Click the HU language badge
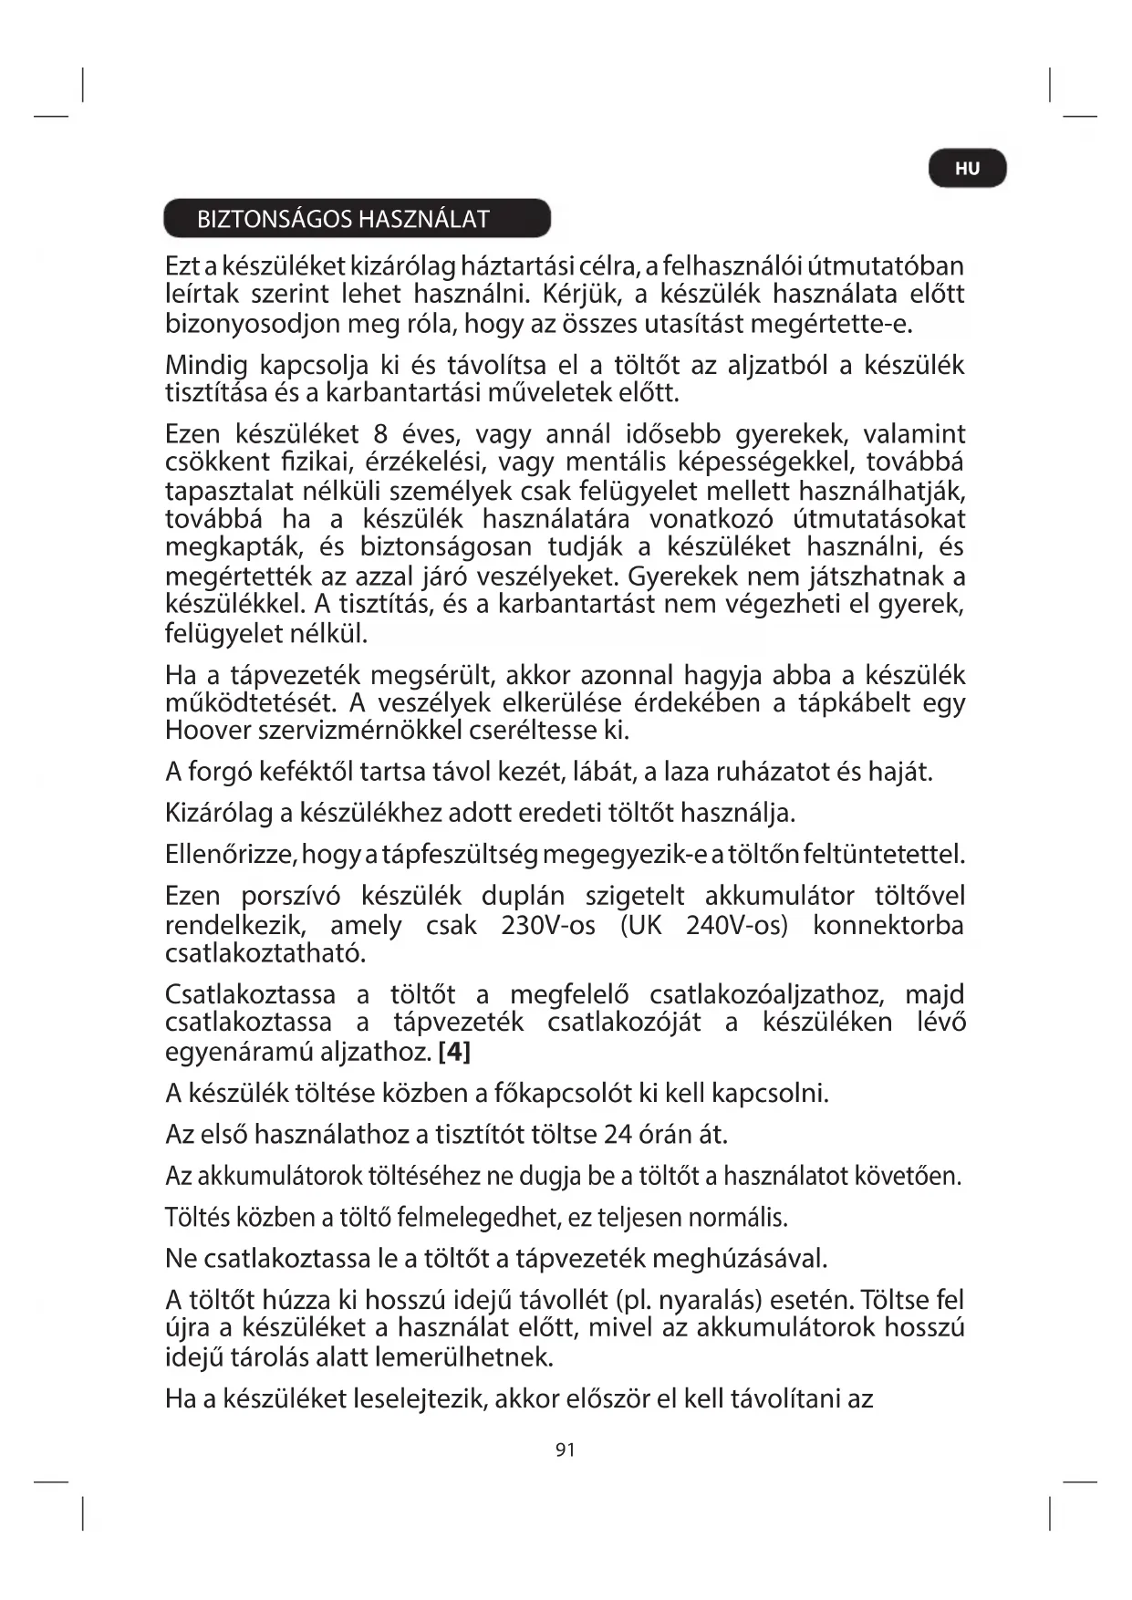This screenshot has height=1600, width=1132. tap(967, 169)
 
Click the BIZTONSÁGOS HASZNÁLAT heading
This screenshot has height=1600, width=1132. tap(343, 219)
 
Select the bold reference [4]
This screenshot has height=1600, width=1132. tap(454, 1052)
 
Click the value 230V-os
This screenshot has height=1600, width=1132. tap(548, 925)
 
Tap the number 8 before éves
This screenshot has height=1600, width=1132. tap(383, 434)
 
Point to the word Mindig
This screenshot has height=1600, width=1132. tap(206, 366)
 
